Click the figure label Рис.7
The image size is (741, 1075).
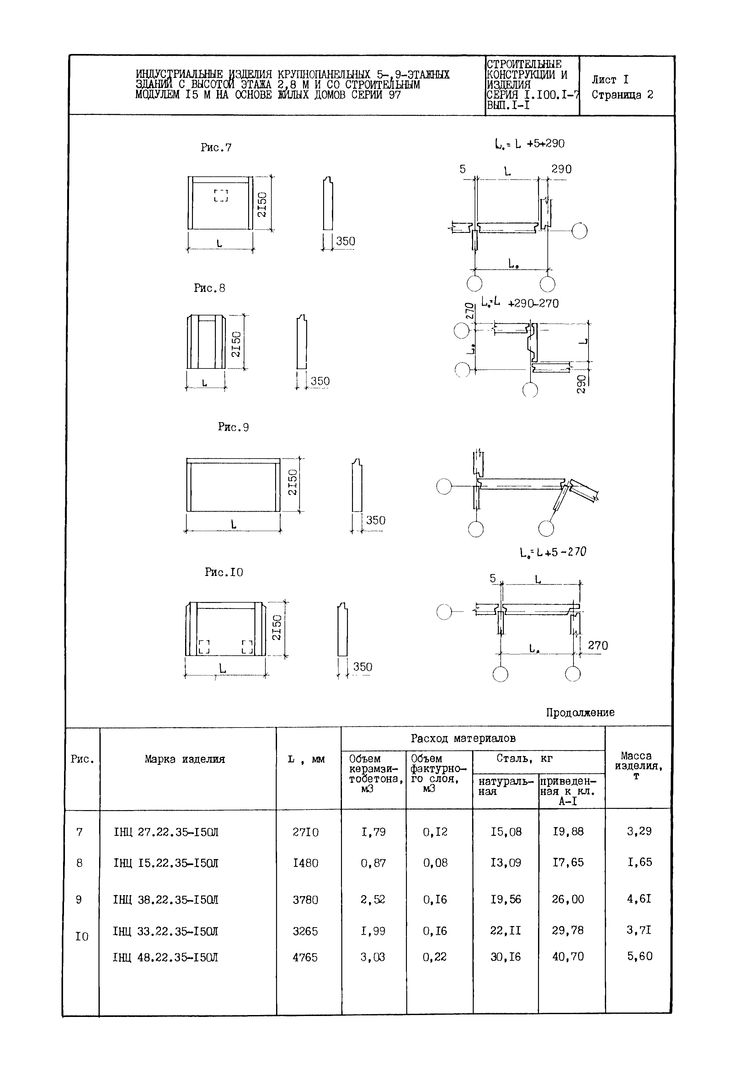click(216, 148)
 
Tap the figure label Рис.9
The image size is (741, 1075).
click(233, 427)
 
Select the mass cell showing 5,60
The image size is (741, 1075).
click(640, 956)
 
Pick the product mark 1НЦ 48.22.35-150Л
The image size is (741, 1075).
click(165, 957)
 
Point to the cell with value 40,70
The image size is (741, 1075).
click(568, 956)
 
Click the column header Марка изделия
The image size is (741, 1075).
click(185, 759)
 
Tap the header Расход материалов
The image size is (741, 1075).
click(463, 738)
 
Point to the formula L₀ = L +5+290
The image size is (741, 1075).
click(529, 144)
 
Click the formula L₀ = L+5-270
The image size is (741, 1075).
click(553, 552)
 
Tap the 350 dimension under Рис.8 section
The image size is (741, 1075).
click(320, 381)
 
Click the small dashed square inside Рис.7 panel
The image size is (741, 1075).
click(221, 195)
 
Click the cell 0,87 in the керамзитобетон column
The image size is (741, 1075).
click(373, 863)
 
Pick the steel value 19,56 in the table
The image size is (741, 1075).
click(506, 900)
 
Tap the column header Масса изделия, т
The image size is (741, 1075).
click(638, 765)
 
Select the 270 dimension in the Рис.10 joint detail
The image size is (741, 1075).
click(598, 645)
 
